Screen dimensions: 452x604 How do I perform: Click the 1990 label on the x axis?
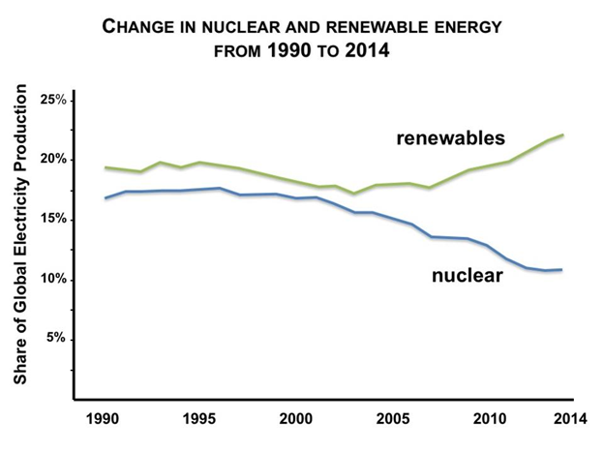coord(104,420)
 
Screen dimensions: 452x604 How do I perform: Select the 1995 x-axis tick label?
coord(199,420)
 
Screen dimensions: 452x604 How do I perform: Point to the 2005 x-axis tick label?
coord(394,420)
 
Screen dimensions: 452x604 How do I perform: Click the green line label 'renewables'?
coord(450,138)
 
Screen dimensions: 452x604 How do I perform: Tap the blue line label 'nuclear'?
coord(466,276)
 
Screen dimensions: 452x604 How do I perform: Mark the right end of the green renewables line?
coord(564,135)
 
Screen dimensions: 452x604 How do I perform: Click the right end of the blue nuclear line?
coord(564,269)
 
